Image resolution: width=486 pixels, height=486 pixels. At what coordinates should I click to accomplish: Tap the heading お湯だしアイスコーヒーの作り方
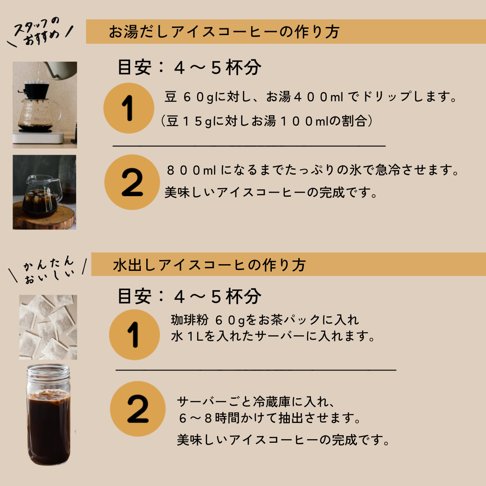[224, 32]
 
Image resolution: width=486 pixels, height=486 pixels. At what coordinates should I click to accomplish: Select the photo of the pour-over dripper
[45, 105]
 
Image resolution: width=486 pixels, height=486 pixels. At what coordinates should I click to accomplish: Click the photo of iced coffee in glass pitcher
[44, 192]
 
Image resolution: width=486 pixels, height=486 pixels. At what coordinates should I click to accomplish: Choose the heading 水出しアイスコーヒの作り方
[209, 265]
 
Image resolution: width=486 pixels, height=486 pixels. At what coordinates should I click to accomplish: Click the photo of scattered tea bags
[48, 327]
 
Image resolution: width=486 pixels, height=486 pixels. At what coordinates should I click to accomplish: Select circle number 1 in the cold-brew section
[135, 334]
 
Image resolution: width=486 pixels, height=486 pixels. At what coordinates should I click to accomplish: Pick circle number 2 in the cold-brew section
[137, 409]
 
